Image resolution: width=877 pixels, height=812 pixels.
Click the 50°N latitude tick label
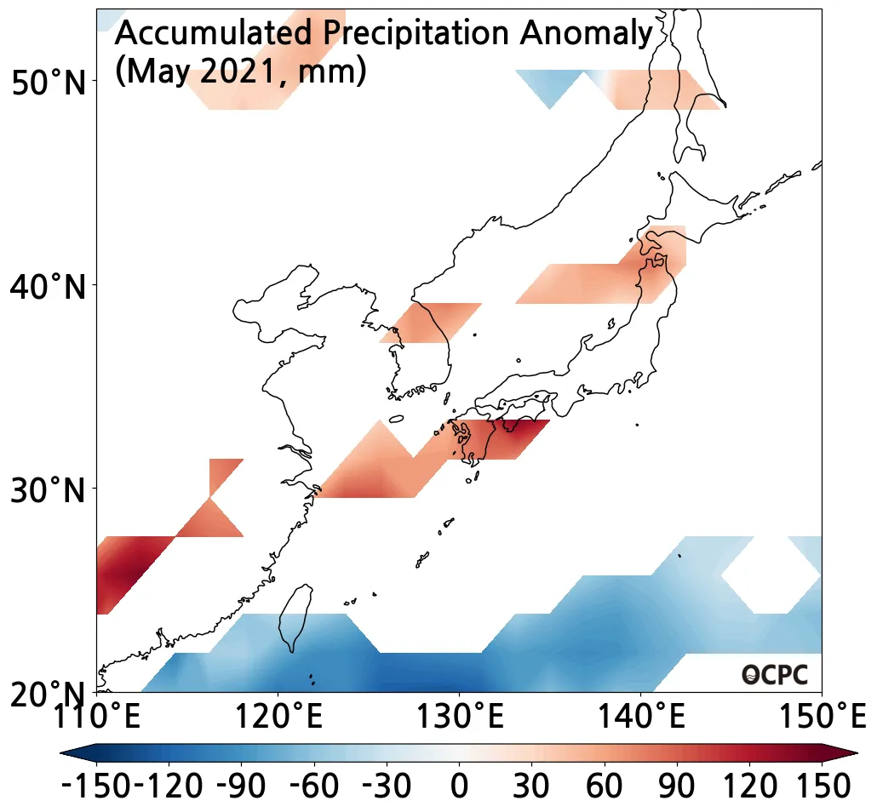(x=49, y=83)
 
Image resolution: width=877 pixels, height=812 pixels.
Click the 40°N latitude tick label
(x=49, y=287)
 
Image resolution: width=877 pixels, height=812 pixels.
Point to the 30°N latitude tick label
(x=49, y=490)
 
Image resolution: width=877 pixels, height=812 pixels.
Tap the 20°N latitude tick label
(x=49, y=695)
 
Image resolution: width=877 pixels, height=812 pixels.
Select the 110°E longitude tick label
(x=95, y=718)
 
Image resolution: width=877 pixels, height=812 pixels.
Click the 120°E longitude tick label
(x=278, y=718)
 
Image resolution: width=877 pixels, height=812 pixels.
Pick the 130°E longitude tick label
(x=460, y=718)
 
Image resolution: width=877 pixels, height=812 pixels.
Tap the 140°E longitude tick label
(x=641, y=718)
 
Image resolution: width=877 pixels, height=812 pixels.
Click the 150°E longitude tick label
(x=820, y=718)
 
